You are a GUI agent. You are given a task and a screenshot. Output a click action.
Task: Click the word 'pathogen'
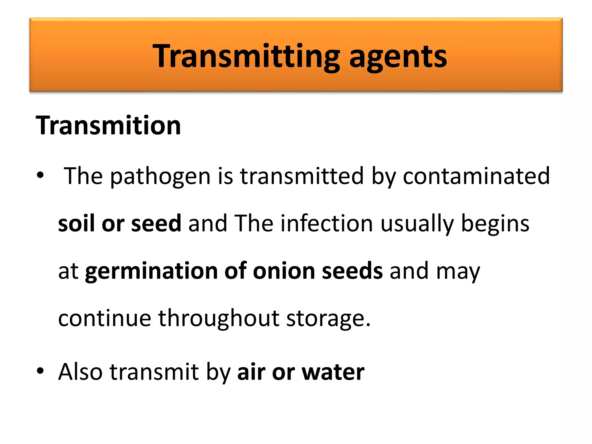[160, 176]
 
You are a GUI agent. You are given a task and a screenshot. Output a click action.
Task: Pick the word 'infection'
[327, 223]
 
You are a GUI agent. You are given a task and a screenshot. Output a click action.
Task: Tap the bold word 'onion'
[284, 271]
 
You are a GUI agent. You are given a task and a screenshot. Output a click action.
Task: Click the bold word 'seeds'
[352, 271]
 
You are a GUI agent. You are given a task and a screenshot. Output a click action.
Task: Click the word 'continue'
[105, 318]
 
